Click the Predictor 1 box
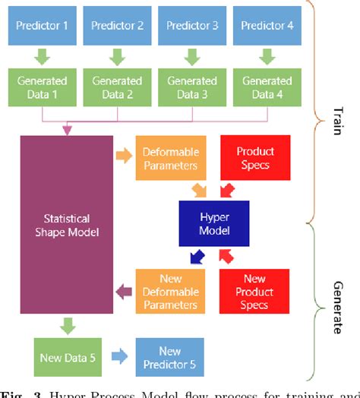[x=43, y=26]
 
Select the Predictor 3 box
[x=192, y=26]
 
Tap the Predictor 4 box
[x=267, y=26]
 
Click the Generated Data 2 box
[x=117, y=87]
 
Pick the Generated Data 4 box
[x=267, y=87]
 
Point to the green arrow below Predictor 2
[x=117, y=57]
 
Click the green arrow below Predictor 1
[x=43, y=57]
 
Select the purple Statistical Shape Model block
[x=67, y=224]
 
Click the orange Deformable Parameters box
[x=171, y=158]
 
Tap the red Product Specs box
[x=254, y=158]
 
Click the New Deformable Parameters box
[x=171, y=291]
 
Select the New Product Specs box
[x=254, y=291]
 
